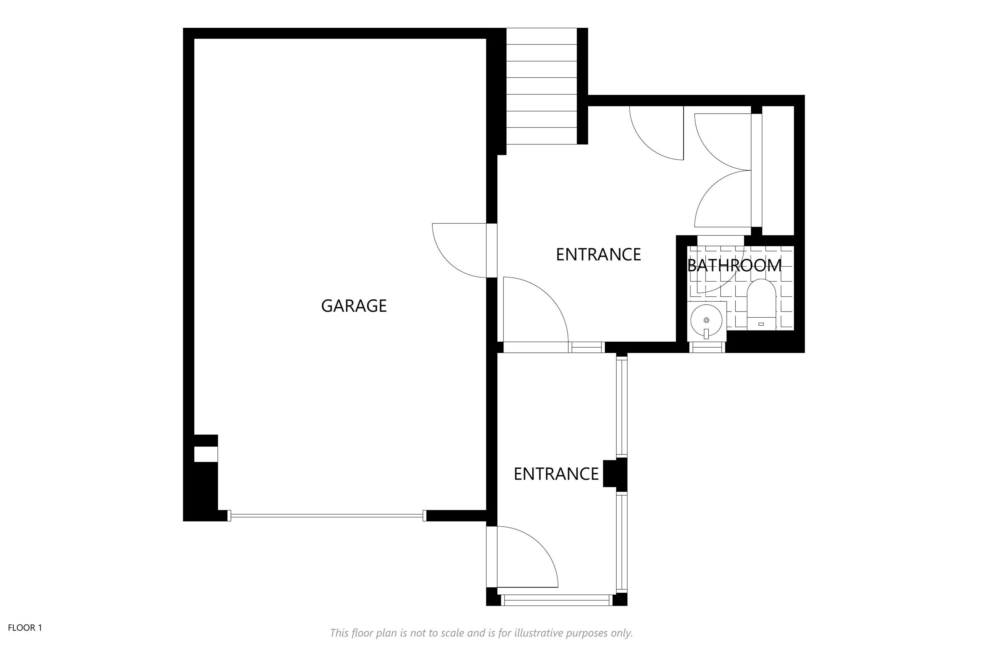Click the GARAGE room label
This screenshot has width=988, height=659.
tap(354, 306)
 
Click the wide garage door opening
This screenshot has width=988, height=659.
tap(327, 515)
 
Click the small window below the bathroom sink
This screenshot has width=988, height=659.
tap(707, 347)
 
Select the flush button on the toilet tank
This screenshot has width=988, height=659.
tap(761, 324)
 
